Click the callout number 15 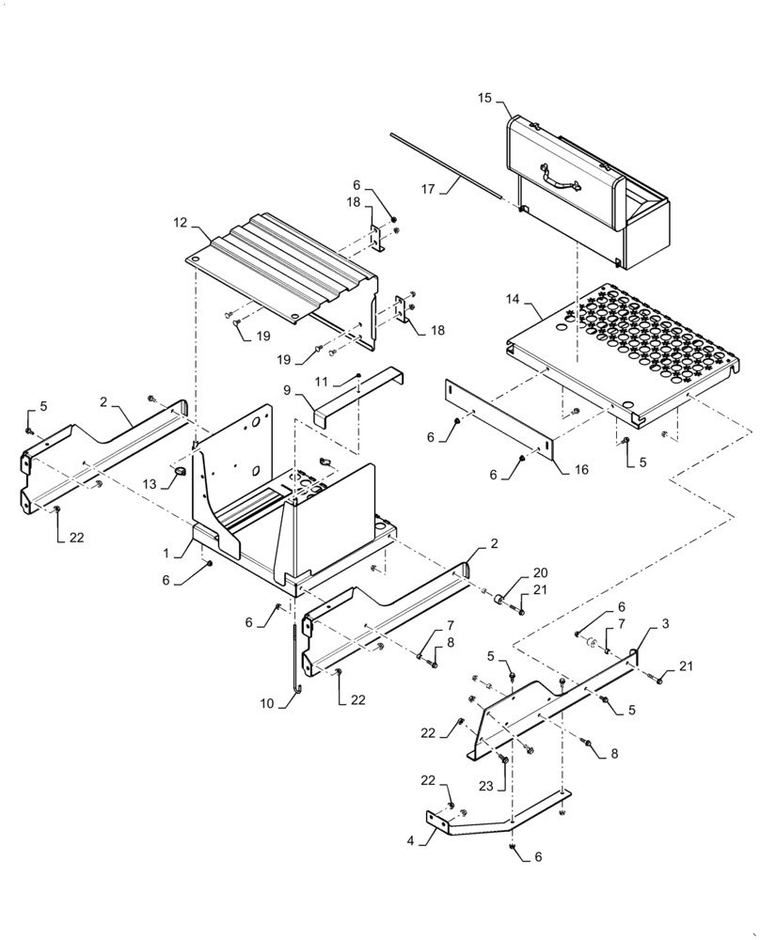coord(484,98)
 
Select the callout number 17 coord(428,188)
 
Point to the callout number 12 coord(181,225)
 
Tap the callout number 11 coord(321,383)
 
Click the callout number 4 coord(410,840)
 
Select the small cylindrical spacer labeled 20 coord(501,600)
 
